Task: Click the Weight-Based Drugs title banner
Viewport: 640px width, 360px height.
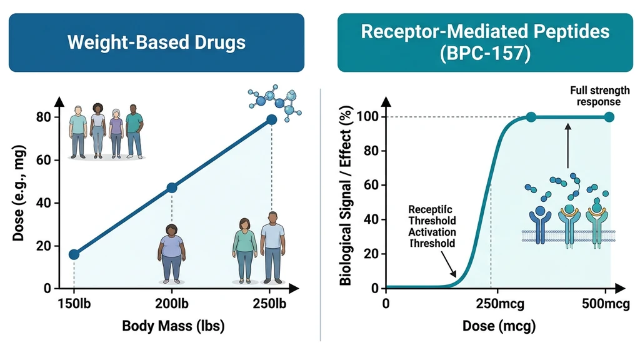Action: coord(156,42)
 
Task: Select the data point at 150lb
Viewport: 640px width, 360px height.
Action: coord(74,254)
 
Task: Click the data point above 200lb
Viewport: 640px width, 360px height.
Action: coord(172,187)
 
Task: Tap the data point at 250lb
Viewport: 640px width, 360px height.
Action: coord(271,119)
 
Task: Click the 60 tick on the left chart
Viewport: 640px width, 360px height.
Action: coord(42,160)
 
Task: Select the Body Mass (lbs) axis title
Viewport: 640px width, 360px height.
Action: coord(172,326)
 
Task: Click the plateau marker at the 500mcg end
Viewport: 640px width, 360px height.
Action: coord(609,117)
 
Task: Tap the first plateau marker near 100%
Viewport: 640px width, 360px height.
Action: coord(531,117)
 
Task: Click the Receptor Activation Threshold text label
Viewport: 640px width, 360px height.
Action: coord(431,226)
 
